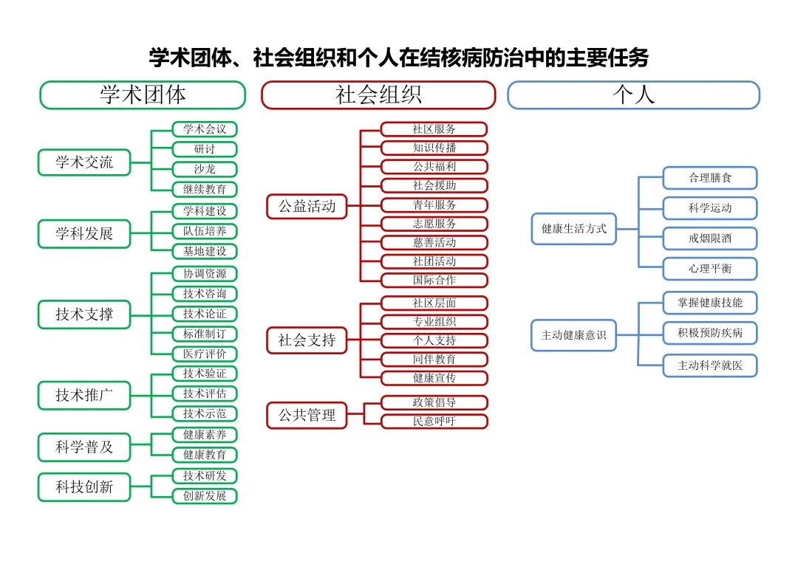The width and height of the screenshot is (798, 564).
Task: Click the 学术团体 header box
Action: pyautogui.click(x=143, y=95)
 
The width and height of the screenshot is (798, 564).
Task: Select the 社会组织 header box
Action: pyautogui.click(x=378, y=95)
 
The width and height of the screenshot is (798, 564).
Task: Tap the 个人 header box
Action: pyautogui.click(x=633, y=95)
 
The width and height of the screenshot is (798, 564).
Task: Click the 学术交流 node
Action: pyautogui.click(x=84, y=162)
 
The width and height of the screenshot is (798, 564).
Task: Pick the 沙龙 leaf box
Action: pyautogui.click(x=205, y=169)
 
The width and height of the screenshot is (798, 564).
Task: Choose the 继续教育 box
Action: pyautogui.click(x=205, y=189)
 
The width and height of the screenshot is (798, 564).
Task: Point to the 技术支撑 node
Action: pyautogui.click(x=84, y=314)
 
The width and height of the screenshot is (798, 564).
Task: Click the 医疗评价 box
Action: pyautogui.click(x=205, y=354)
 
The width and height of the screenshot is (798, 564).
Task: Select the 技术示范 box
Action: pyautogui.click(x=205, y=413)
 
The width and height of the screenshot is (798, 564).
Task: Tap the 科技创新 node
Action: pyautogui.click(x=84, y=487)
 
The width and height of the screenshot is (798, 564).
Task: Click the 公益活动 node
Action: pyautogui.click(x=307, y=207)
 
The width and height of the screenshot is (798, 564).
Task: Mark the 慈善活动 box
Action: pyautogui.click(x=434, y=242)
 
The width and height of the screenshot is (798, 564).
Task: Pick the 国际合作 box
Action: pyautogui.click(x=434, y=280)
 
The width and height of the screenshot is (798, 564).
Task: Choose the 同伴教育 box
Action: pyautogui.click(x=434, y=360)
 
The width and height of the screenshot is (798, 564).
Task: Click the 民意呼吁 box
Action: pyautogui.click(x=434, y=422)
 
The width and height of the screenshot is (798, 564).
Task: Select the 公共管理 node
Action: pyautogui.click(x=307, y=415)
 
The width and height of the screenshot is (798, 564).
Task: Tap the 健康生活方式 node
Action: pyautogui.click(x=574, y=229)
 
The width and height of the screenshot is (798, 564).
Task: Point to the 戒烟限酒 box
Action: pyautogui.click(x=710, y=238)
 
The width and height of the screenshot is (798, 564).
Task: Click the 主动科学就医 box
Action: pyautogui.click(x=710, y=365)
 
